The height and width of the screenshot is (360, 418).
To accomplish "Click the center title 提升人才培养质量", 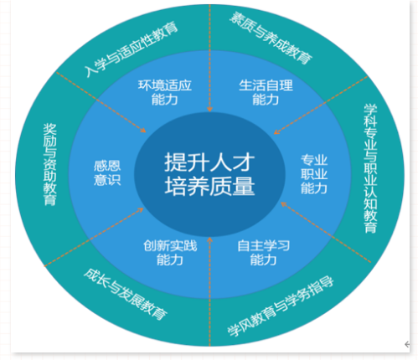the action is click(x=209, y=174).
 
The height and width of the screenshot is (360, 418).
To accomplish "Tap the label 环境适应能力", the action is click(x=165, y=92).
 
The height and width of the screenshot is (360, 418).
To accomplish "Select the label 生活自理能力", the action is click(x=266, y=92).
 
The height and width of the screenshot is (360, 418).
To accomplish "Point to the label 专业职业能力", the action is click(x=314, y=174).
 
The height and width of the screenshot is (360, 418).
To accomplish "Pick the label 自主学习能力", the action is click(x=263, y=253).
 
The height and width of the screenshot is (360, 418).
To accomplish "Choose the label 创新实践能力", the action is click(x=170, y=253).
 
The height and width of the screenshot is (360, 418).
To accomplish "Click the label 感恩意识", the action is click(x=107, y=173).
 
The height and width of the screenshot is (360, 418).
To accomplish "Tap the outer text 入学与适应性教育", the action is click(x=132, y=49).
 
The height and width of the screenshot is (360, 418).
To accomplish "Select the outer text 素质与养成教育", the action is click(x=271, y=38).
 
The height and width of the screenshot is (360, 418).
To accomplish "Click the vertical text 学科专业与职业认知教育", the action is click(x=370, y=168).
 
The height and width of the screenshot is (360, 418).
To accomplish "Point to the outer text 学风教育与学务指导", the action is click(x=281, y=306).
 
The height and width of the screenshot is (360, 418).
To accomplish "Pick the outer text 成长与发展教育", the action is click(x=126, y=294).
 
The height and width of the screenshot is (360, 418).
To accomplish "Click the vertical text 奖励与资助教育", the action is click(x=49, y=165).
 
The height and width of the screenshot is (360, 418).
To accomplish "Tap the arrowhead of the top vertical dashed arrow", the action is click(x=209, y=109).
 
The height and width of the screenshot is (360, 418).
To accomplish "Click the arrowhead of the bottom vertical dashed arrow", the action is click(x=209, y=240).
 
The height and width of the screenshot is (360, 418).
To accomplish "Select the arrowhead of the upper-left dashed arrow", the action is click(x=143, y=130).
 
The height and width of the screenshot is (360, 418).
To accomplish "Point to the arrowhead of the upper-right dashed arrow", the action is click(x=276, y=131).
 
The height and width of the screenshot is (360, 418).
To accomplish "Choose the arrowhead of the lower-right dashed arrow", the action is click(x=284, y=204).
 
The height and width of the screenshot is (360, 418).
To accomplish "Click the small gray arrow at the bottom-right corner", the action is click(x=407, y=344).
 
